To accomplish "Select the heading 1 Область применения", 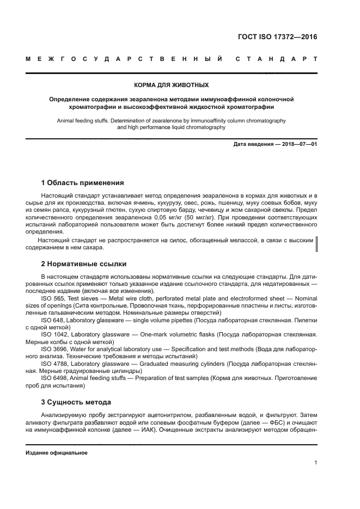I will pos(83,182).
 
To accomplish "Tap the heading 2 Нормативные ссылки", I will pos(84,263).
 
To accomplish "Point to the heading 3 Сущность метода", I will pos(76,402).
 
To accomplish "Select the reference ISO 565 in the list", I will pos(52,298).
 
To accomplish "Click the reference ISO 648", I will pos(52,320).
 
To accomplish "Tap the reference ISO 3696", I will pos(53,348).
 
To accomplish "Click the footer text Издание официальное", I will pos(57,453).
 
